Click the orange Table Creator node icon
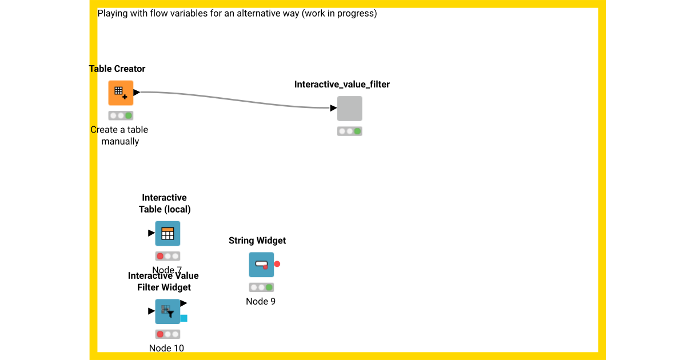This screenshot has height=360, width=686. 121,93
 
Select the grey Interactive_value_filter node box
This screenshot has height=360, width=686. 349,109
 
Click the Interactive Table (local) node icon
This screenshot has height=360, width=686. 167,233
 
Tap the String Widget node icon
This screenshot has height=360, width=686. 261,265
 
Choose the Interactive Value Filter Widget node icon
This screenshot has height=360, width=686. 167,311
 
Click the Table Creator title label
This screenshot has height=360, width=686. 117,69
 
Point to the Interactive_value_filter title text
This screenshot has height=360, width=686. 342,85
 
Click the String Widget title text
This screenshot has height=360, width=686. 257,241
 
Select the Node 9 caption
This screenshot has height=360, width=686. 261,301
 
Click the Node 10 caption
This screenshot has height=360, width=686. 166,348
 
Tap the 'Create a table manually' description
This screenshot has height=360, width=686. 119,135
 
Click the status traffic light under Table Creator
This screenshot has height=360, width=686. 121,115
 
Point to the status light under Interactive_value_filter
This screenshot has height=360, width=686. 349,131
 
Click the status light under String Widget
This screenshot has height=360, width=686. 261,287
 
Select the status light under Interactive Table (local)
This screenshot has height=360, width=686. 167,256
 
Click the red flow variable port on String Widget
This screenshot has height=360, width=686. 277,264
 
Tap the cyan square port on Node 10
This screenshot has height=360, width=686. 184,318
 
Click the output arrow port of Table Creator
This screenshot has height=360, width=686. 137,92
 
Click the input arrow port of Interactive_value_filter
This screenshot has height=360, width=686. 333,108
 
